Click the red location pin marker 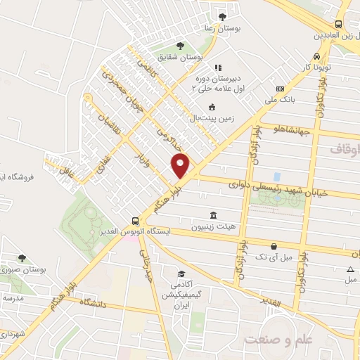click(181, 166)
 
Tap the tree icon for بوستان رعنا click(222, 16)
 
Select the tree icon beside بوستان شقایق click(180, 46)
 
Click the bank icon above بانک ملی click(281, 89)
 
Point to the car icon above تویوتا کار click(317, 56)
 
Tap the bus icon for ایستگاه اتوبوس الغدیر click(134, 219)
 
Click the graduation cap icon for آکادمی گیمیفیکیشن click(181, 274)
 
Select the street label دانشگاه click(78, 303)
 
